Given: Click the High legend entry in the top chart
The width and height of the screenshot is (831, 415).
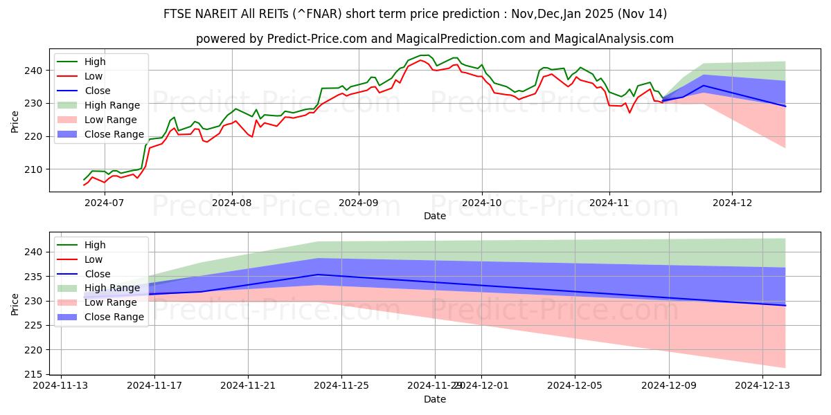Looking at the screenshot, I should click(94, 62).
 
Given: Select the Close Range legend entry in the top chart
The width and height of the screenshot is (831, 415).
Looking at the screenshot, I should click(114, 134).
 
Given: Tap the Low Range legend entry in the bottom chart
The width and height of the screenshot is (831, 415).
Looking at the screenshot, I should click(111, 302).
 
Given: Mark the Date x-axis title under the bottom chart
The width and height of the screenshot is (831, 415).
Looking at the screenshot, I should click(435, 399).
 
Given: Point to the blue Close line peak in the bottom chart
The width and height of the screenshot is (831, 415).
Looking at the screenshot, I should click(318, 275).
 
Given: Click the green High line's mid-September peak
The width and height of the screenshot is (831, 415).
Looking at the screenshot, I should click(424, 55).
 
